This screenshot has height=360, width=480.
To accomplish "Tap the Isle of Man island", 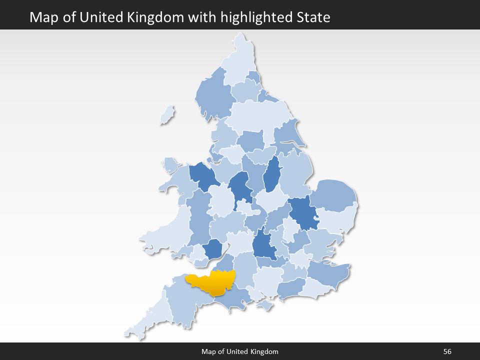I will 167,115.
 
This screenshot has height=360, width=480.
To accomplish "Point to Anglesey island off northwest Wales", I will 171,164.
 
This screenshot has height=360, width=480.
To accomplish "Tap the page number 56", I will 447,351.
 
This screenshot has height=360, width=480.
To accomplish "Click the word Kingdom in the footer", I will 265,351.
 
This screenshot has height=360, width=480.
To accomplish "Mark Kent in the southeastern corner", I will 327,272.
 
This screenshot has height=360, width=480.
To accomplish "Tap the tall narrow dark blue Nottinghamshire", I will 271,175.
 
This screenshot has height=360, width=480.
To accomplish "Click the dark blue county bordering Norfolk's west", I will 302,212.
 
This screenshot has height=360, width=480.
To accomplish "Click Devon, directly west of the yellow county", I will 185,305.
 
